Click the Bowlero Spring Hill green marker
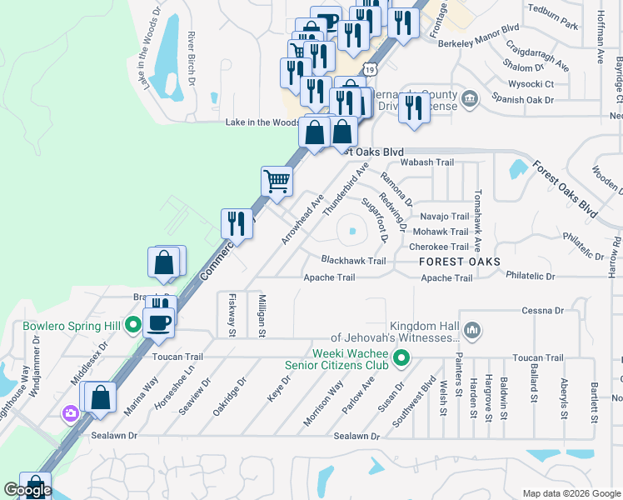(x=132, y=325)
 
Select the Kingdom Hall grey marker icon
(x=471, y=332)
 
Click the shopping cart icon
(x=277, y=180)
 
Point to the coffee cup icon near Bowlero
(x=158, y=321)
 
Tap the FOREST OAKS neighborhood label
(x=460, y=262)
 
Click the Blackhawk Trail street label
(x=353, y=261)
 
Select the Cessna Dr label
(x=543, y=311)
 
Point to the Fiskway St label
(x=232, y=315)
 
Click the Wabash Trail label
(x=427, y=162)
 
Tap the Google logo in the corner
(x=27, y=490)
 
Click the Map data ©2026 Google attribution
(x=571, y=493)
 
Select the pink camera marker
(x=71, y=412)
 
